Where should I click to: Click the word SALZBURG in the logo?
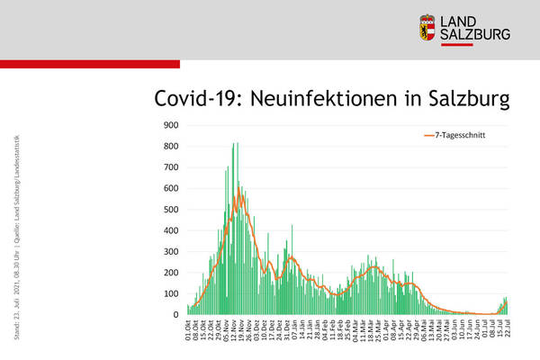coord(474,34)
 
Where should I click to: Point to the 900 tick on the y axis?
coord(169,125)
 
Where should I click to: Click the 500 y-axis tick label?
coord(169,210)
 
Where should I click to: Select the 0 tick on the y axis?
coord(175,315)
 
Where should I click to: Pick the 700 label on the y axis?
coord(169,167)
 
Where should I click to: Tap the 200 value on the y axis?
coord(169,273)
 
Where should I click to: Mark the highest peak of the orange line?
coord(238,192)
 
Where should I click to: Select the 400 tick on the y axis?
coord(169,230)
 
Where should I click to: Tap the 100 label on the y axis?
coord(169,294)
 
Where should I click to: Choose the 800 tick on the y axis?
coord(169,147)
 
